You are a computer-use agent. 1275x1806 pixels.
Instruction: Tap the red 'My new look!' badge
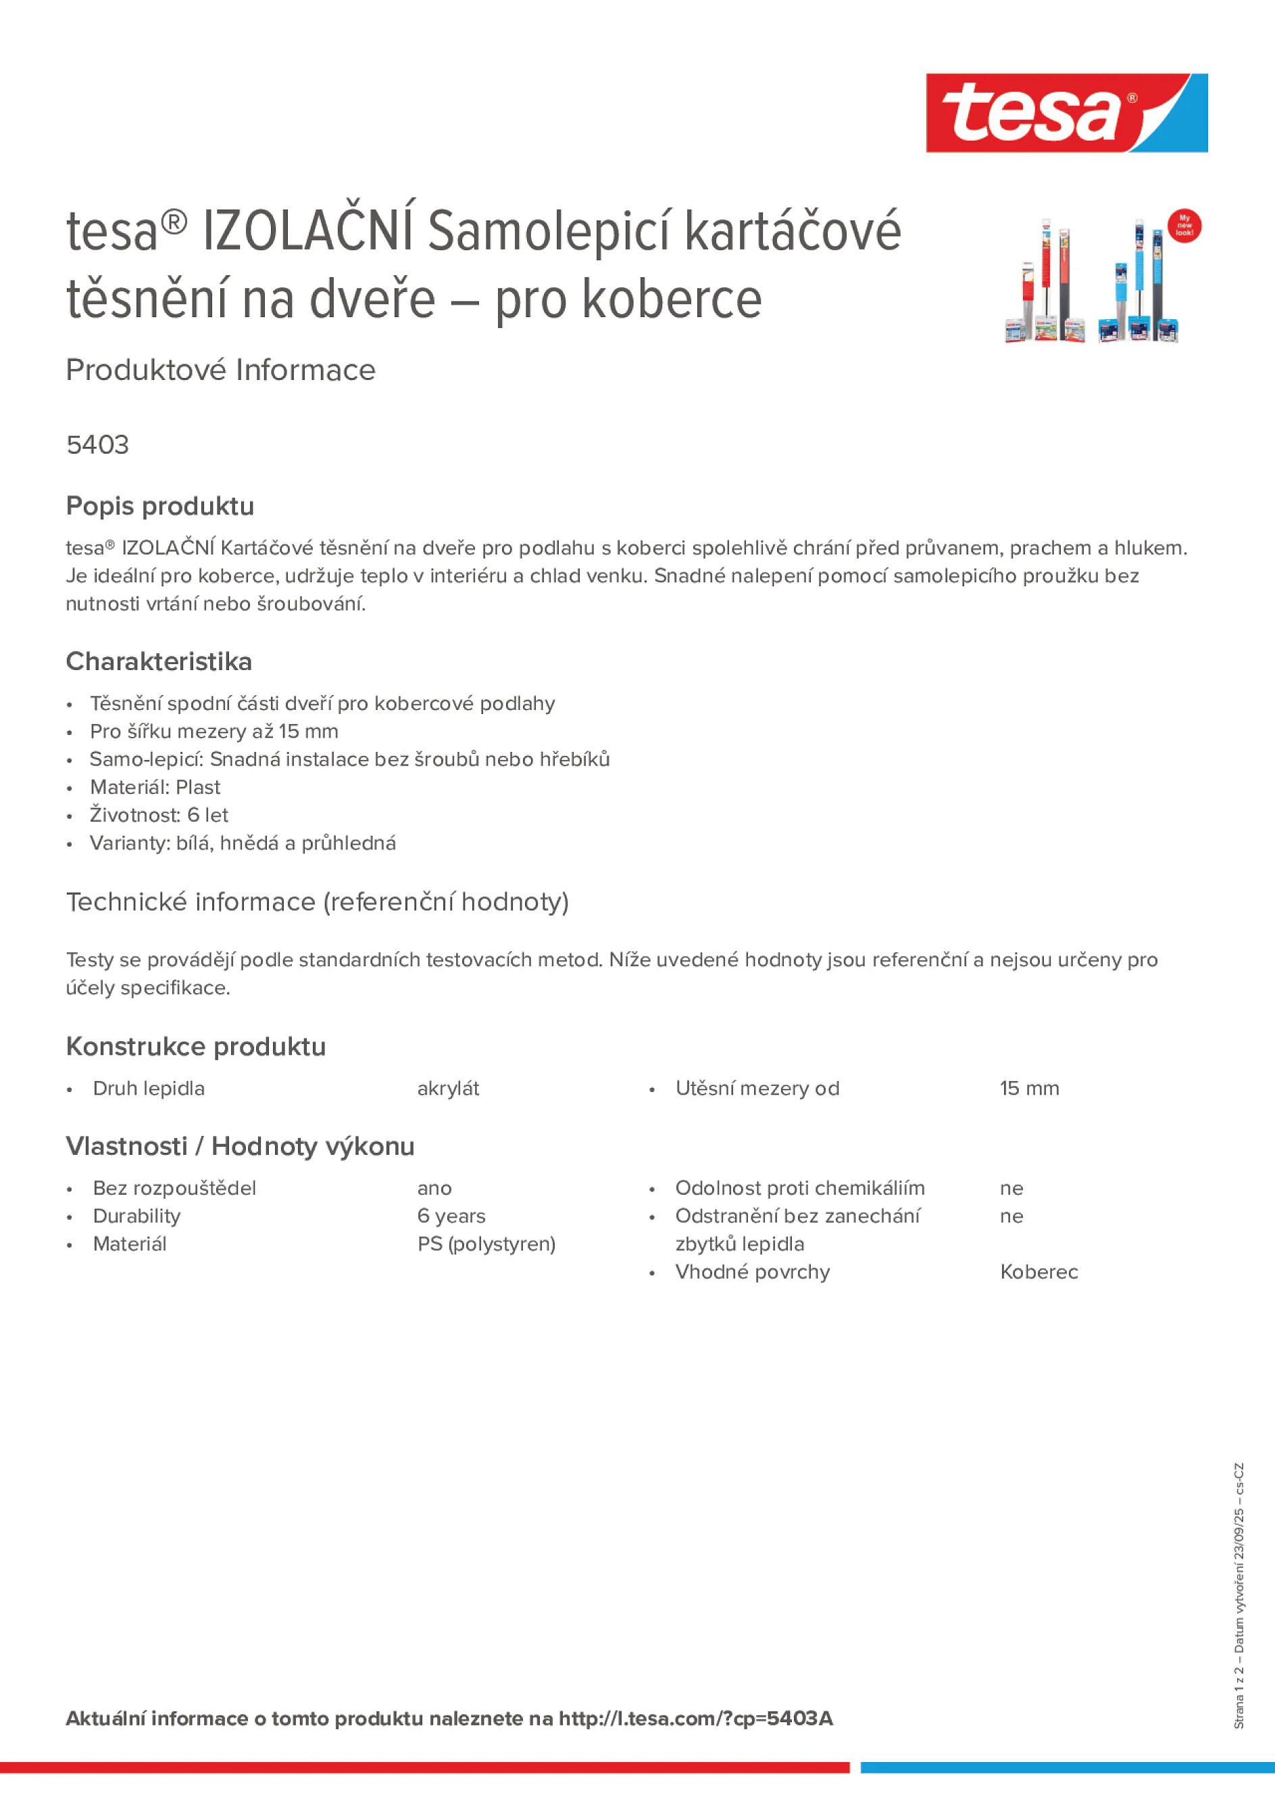[1184, 226]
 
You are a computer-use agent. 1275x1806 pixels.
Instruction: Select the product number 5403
[97, 445]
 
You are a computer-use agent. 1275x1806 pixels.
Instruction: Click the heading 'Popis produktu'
[159, 506]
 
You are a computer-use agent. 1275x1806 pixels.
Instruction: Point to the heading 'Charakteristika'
[159, 661]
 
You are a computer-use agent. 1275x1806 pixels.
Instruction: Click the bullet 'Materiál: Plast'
[155, 787]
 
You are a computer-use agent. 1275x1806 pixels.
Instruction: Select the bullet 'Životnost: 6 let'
[159, 815]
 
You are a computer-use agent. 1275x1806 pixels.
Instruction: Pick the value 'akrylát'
[448, 1089]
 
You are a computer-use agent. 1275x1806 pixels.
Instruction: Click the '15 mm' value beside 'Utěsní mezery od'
[1029, 1089]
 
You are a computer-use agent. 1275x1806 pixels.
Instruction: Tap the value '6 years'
[451, 1216]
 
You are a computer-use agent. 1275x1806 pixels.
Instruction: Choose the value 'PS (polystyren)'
[486, 1243]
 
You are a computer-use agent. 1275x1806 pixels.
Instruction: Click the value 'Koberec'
[1039, 1272]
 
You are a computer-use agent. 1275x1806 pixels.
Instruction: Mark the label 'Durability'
[136, 1216]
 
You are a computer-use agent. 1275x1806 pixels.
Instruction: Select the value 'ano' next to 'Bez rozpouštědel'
[434, 1189]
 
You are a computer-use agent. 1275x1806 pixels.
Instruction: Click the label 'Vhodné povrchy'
[752, 1272]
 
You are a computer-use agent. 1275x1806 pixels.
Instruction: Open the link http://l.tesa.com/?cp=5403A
[695, 1719]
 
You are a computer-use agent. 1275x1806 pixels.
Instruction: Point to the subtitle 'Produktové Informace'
[220, 371]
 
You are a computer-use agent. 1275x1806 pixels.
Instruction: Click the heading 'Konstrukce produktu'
[196, 1047]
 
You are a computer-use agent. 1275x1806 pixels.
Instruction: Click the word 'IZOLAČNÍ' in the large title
[307, 231]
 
